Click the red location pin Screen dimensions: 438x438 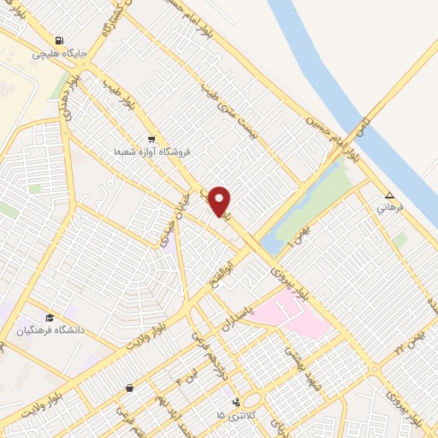click(x=221, y=201)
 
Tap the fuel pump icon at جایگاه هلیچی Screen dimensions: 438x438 click(x=58, y=40)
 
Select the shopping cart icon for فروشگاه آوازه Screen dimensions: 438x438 click(x=151, y=139)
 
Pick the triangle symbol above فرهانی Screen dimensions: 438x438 click(x=389, y=195)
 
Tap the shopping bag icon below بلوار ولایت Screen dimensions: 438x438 click(x=128, y=388)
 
